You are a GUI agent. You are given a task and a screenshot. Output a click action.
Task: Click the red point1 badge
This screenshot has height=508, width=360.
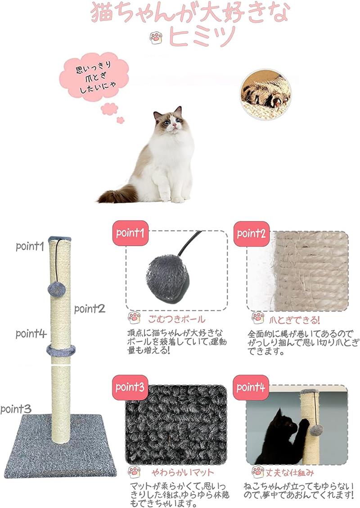point(130,233)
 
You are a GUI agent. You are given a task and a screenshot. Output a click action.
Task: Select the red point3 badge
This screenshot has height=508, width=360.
point(130,387)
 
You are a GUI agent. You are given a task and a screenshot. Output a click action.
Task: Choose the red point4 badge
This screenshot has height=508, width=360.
point(251,387)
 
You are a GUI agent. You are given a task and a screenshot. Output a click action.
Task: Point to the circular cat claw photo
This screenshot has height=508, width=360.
point(266,94)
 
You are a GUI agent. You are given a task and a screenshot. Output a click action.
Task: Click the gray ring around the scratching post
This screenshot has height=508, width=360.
point(61,350)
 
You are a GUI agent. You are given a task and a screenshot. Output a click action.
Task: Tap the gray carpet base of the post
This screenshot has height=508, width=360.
point(60,448)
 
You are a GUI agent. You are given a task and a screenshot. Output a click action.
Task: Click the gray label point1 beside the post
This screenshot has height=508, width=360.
point(30,246)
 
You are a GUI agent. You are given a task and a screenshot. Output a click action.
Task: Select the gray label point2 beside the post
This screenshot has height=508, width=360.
point(90,309)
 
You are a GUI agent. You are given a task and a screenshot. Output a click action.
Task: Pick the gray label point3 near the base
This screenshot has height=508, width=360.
point(16,409)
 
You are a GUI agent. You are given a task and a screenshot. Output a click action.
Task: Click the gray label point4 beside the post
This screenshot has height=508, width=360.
point(31,334)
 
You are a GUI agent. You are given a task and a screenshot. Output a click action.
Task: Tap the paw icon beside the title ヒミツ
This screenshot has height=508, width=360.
point(156,38)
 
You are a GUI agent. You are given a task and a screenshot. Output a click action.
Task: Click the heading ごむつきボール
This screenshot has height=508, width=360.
point(176,319)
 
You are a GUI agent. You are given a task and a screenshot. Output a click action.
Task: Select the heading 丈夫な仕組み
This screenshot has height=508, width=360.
point(290,473)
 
